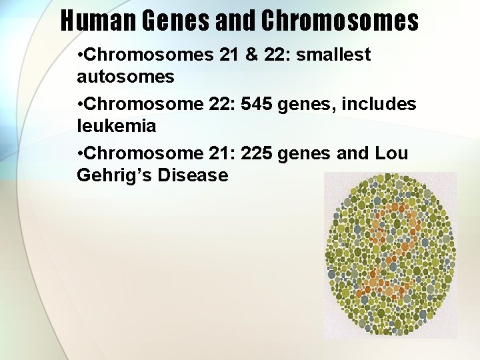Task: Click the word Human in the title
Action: pos(96,21)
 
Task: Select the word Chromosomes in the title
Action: pos(339,21)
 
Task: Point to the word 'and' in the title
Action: pos(236,21)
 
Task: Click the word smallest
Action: pos(333,55)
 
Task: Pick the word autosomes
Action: pos(125,77)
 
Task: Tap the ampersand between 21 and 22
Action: pos(251,55)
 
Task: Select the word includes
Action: pos(381,105)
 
